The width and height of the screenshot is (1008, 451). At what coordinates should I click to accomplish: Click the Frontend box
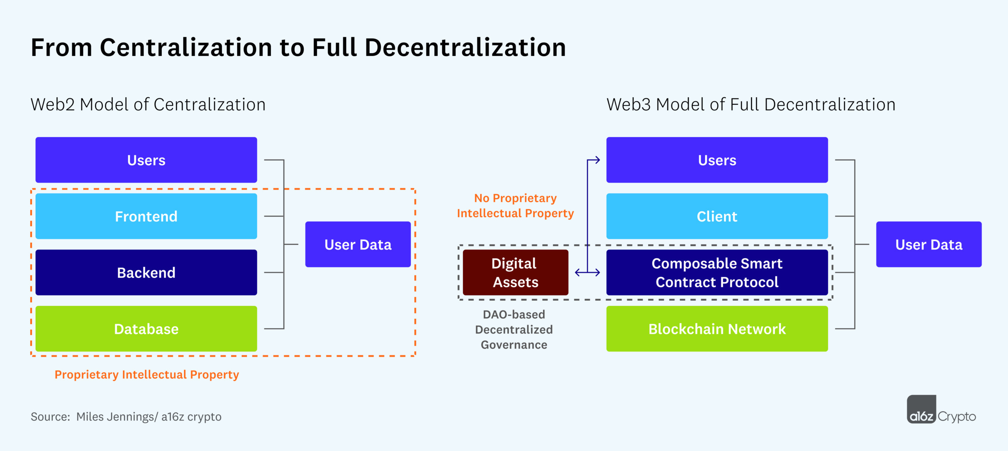[x=146, y=216]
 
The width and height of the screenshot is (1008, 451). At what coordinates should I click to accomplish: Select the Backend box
[x=146, y=272]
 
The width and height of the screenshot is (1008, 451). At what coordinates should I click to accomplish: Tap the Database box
[x=146, y=329]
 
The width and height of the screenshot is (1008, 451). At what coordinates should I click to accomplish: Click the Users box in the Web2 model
[x=146, y=160]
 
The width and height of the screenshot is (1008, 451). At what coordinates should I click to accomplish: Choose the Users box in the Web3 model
[x=717, y=160]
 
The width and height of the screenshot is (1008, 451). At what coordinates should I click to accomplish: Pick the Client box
[x=717, y=216]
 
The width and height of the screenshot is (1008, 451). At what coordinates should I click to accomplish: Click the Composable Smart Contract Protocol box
[x=717, y=272]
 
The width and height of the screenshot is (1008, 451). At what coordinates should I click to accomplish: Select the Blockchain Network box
[x=717, y=329]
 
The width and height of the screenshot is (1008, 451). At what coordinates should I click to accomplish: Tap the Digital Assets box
[x=515, y=272]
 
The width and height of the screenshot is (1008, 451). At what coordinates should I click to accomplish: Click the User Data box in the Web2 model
[x=358, y=244]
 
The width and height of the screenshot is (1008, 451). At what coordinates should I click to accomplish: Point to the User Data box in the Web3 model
[x=928, y=244]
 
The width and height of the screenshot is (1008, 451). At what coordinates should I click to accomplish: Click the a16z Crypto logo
[x=941, y=410]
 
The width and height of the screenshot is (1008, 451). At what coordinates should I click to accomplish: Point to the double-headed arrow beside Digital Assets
[x=587, y=272]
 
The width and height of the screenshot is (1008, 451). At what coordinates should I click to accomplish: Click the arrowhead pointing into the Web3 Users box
[x=597, y=160]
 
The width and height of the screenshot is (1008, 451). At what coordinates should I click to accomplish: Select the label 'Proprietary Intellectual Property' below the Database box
[x=146, y=374]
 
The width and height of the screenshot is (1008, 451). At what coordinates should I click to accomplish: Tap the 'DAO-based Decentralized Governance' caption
[x=514, y=329]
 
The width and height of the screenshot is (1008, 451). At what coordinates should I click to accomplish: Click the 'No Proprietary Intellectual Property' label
[x=515, y=205]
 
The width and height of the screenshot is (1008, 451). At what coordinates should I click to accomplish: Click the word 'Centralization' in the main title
[x=186, y=47]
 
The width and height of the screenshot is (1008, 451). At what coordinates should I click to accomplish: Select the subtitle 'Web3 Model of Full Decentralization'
[x=750, y=105]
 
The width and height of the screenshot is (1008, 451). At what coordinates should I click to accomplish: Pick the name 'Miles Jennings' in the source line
[x=115, y=416]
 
